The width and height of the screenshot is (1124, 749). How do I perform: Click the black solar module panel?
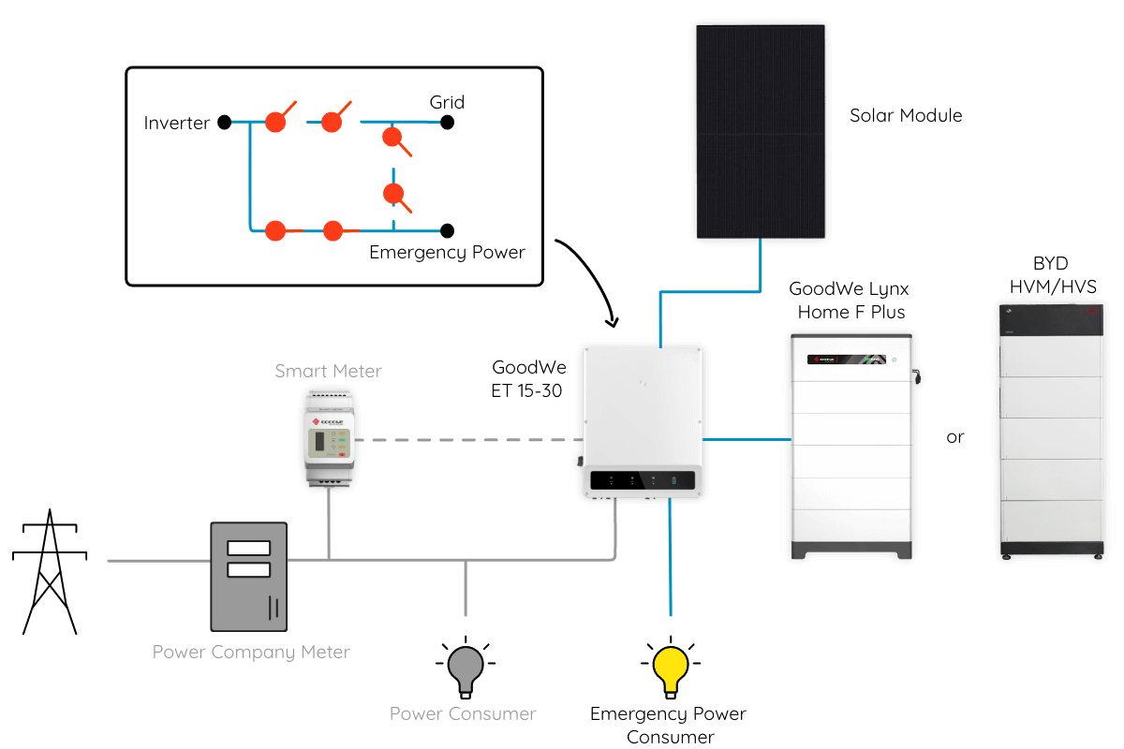[x=761, y=131]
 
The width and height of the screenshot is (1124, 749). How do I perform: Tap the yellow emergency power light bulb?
[x=671, y=668]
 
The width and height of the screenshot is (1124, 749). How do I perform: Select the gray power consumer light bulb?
[x=466, y=668]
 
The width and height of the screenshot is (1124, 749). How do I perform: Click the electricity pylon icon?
[x=50, y=572]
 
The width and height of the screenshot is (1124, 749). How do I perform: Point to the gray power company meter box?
[x=249, y=577]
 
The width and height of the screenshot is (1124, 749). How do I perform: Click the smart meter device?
[x=329, y=438]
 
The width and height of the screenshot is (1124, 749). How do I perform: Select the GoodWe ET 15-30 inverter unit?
[x=643, y=422]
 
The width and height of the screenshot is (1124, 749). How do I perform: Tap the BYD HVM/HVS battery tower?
[x=1051, y=432]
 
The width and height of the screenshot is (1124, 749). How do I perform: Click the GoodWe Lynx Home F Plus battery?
[x=853, y=447]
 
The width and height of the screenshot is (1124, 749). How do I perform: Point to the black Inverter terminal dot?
[x=224, y=122]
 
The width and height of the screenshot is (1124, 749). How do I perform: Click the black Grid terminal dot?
[x=447, y=122]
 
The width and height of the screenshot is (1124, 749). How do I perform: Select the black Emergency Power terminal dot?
[x=447, y=230]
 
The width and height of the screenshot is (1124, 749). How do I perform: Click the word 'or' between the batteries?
[x=954, y=437]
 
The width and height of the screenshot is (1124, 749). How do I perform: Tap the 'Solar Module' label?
[x=906, y=115]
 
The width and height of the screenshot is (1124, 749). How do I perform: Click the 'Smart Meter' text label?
[x=328, y=371]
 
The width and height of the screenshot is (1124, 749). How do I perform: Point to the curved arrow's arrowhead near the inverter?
[x=614, y=322]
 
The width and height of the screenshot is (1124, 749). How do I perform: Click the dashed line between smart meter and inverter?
[x=468, y=440]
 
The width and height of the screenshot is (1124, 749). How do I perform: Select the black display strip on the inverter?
[x=643, y=480]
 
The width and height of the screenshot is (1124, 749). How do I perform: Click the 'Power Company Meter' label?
[x=251, y=653]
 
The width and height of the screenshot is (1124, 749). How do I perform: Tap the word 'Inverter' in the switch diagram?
[x=177, y=123]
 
